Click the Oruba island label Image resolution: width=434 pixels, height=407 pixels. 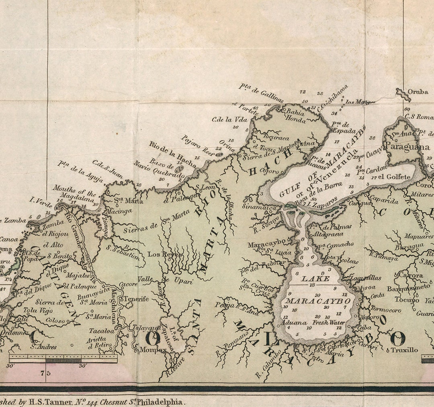point(418,92)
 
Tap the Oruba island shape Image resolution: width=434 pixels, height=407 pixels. point(402,93)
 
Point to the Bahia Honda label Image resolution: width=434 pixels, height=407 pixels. point(296,115)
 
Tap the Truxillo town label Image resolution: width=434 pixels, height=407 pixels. point(404,350)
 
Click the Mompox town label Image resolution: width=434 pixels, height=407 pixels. point(152,350)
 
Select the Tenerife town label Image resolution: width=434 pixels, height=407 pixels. point(136,299)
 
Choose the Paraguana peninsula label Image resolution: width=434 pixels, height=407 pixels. point(407,147)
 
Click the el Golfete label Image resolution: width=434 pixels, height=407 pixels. point(394,177)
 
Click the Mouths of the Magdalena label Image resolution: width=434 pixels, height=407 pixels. point(76,192)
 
